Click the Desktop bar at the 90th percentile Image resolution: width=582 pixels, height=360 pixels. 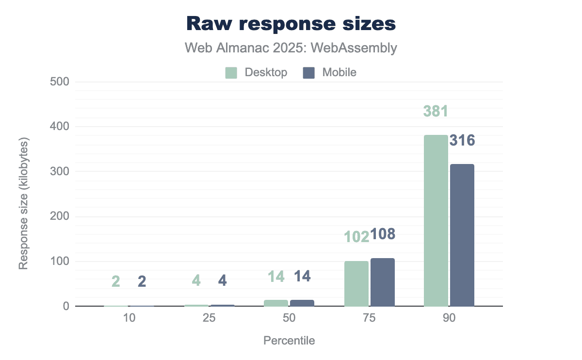click(436, 221)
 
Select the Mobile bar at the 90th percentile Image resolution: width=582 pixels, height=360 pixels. click(462, 235)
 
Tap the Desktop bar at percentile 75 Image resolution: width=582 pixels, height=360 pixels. click(356, 284)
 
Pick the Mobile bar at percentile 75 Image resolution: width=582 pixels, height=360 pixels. click(382, 282)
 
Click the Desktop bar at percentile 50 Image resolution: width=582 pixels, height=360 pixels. click(276, 303)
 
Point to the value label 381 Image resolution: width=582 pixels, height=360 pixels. click(436, 111)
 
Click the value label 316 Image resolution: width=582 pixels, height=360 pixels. click(462, 141)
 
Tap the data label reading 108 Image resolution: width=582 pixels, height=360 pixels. click(383, 234)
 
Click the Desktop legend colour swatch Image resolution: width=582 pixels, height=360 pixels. click(231, 73)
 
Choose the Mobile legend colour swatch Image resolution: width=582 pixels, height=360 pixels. click(308, 73)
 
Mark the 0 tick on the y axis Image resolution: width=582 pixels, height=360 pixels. click(65, 307)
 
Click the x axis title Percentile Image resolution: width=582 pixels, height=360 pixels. click(289, 341)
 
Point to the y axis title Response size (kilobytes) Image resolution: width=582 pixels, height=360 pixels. click(23, 203)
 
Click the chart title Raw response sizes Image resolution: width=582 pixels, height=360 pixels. click(291, 23)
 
